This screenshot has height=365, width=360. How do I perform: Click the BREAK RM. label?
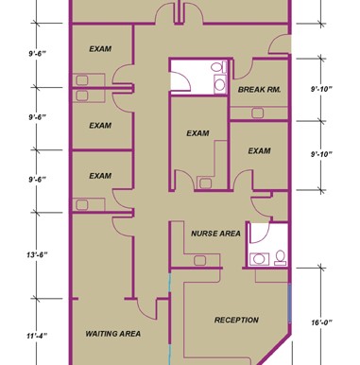click(259, 90)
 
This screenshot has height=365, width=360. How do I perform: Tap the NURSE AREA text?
click(215, 234)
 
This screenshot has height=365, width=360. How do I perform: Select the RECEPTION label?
click(236, 320)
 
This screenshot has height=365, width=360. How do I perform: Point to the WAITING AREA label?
click(113, 334)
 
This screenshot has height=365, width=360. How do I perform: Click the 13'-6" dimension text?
click(37, 254)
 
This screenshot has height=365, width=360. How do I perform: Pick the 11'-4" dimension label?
click(37, 336)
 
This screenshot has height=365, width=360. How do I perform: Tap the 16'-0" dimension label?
click(322, 322)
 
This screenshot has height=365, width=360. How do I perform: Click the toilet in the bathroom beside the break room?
click(218, 67)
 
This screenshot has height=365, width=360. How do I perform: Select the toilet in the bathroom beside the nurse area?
click(280, 257)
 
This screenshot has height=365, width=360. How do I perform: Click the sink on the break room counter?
click(258, 113)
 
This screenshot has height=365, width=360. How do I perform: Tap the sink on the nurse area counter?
click(199, 261)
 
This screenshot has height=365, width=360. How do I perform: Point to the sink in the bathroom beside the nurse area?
click(259, 259)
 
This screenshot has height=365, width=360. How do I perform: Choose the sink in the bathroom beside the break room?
click(219, 84)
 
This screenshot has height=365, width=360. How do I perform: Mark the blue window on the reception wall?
click(290, 303)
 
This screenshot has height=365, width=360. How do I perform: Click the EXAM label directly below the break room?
click(259, 151)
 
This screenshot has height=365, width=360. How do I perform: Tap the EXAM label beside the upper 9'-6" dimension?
click(100, 49)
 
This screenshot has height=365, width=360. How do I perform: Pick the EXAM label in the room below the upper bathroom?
click(197, 133)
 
